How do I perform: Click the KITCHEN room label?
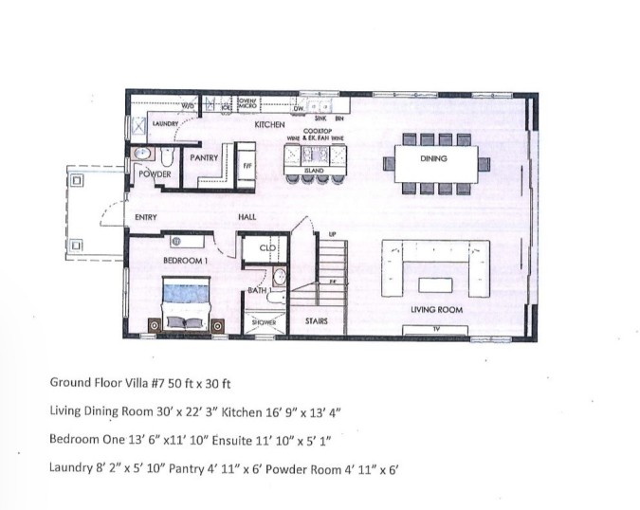pyautogui.click(x=270, y=124)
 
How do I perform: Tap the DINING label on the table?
pyautogui.click(x=433, y=159)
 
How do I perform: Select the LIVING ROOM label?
pyautogui.click(x=436, y=310)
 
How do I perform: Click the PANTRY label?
pyautogui.click(x=204, y=157)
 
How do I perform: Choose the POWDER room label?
pyautogui.click(x=154, y=175)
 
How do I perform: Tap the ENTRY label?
pyautogui.click(x=145, y=217)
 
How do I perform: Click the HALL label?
pyautogui.click(x=247, y=217)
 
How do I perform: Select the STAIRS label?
pyautogui.click(x=317, y=321)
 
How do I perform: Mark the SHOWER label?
pyautogui.click(x=263, y=322)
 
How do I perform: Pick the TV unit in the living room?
pyautogui.click(x=436, y=329)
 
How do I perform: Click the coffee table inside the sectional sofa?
pyautogui.click(x=435, y=284)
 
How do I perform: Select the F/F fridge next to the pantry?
pyautogui.click(x=246, y=163)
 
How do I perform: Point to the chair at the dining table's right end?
pyautogui.click(x=486, y=163)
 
